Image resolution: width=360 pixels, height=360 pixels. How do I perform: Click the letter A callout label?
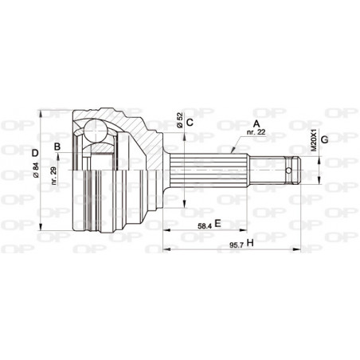[256, 123]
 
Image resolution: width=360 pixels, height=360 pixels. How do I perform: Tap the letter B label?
[57, 147]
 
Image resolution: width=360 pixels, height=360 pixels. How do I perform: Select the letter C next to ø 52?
[190, 123]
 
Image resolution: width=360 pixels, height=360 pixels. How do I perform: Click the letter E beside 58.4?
[217, 226]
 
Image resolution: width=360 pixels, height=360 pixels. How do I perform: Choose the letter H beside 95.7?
[250, 243]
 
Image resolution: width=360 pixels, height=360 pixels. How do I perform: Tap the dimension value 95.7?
[235, 244]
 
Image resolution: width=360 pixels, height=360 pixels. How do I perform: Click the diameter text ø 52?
[180, 121]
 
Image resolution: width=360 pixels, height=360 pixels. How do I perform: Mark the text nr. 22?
[256, 134]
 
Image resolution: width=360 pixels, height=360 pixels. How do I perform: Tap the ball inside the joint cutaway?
[97, 131]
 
